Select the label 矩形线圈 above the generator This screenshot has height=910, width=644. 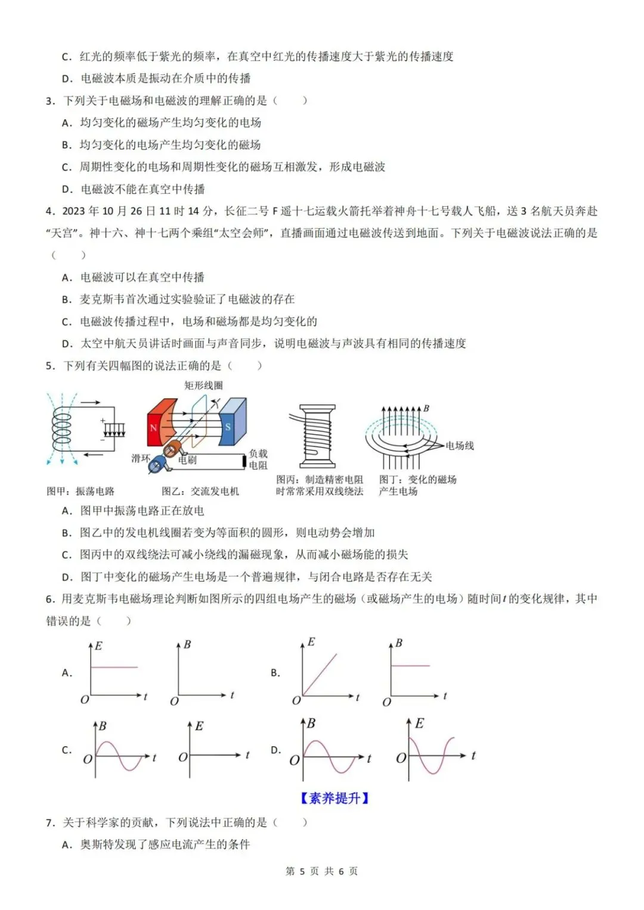click(x=203, y=386)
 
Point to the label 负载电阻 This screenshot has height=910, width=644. click(x=258, y=459)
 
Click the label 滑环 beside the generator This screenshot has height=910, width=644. click(x=140, y=458)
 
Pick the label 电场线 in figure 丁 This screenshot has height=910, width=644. click(x=460, y=445)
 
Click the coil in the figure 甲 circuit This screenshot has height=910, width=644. click(x=61, y=427)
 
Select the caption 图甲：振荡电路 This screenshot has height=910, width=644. click(x=80, y=491)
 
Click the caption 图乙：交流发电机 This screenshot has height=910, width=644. click(x=200, y=491)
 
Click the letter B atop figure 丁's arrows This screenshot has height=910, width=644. click(x=426, y=408)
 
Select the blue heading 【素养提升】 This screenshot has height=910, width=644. click(x=335, y=798)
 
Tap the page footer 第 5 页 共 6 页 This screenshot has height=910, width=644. click(x=322, y=871)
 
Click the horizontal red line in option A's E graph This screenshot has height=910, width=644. click(x=114, y=667)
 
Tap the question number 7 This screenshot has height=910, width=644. click(x=49, y=822)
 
